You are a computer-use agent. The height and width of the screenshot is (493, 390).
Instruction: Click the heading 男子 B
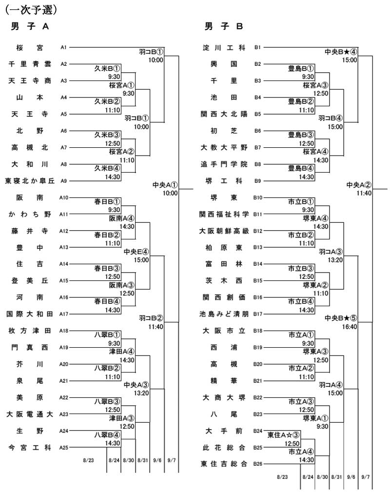(223, 26)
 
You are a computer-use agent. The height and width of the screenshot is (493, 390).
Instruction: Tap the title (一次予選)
(31, 10)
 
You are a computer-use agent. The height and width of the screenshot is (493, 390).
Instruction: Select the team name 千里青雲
(30, 64)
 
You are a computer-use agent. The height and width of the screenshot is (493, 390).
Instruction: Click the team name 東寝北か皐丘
(30, 181)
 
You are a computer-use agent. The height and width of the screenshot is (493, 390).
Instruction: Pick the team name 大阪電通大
(30, 414)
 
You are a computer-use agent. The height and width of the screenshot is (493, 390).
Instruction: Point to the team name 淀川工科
(224, 47)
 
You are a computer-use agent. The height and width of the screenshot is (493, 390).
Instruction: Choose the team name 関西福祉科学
(224, 214)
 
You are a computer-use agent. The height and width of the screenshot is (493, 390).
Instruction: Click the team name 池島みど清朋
(224, 314)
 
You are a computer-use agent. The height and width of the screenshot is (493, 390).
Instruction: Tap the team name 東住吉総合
(224, 464)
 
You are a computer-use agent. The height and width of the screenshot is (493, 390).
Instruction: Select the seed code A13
(64, 247)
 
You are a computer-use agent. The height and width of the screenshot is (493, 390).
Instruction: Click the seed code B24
(258, 431)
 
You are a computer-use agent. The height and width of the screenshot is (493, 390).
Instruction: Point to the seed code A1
(64, 47)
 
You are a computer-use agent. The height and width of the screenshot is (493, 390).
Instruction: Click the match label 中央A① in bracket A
(165, 185)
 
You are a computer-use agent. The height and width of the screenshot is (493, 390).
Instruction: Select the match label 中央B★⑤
(341, 318)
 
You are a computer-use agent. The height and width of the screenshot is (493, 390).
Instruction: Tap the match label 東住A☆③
(283, 435)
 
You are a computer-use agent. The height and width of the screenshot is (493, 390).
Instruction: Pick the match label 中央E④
(136, 252)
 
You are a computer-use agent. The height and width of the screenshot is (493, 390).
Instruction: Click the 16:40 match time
(350, 327)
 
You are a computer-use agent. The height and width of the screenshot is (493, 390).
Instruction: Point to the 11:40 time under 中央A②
(364, 193)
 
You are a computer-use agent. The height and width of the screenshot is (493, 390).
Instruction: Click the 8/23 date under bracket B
(282, 477)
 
